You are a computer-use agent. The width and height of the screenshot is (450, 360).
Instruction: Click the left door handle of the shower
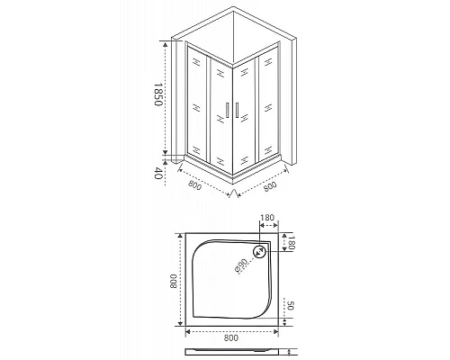pyautogui.click(x=222, y=112)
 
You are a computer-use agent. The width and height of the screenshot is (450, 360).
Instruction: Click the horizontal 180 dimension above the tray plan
pyautogui.click(x=267, y=219)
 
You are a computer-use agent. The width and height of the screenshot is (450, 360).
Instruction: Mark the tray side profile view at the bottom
pyautogui.click(x=233, y=353)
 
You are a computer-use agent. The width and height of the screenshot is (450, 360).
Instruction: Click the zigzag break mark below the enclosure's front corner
pyautogui.click(x=232, y=192)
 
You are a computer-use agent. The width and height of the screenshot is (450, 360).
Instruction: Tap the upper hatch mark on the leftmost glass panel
pyautogui.click(x=194, y=64)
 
